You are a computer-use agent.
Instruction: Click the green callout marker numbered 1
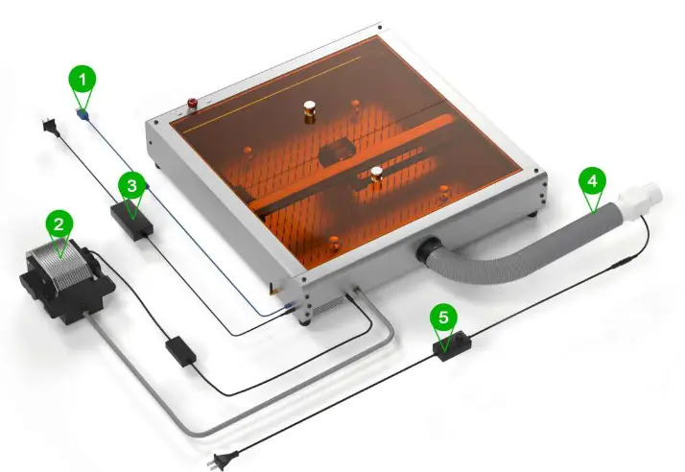84,77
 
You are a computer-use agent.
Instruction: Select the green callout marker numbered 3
133,183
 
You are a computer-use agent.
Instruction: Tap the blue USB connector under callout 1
85,115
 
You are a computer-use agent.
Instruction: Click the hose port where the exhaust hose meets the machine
428,252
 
